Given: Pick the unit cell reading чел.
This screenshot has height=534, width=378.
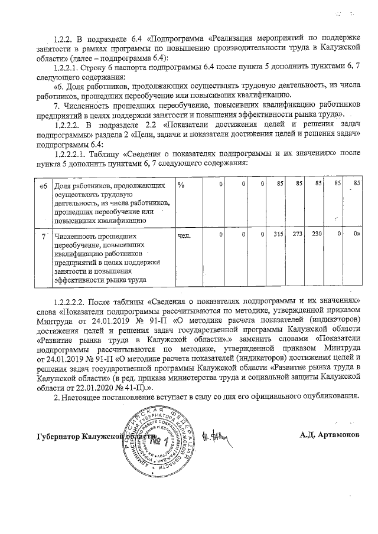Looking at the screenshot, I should [184, 235].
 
